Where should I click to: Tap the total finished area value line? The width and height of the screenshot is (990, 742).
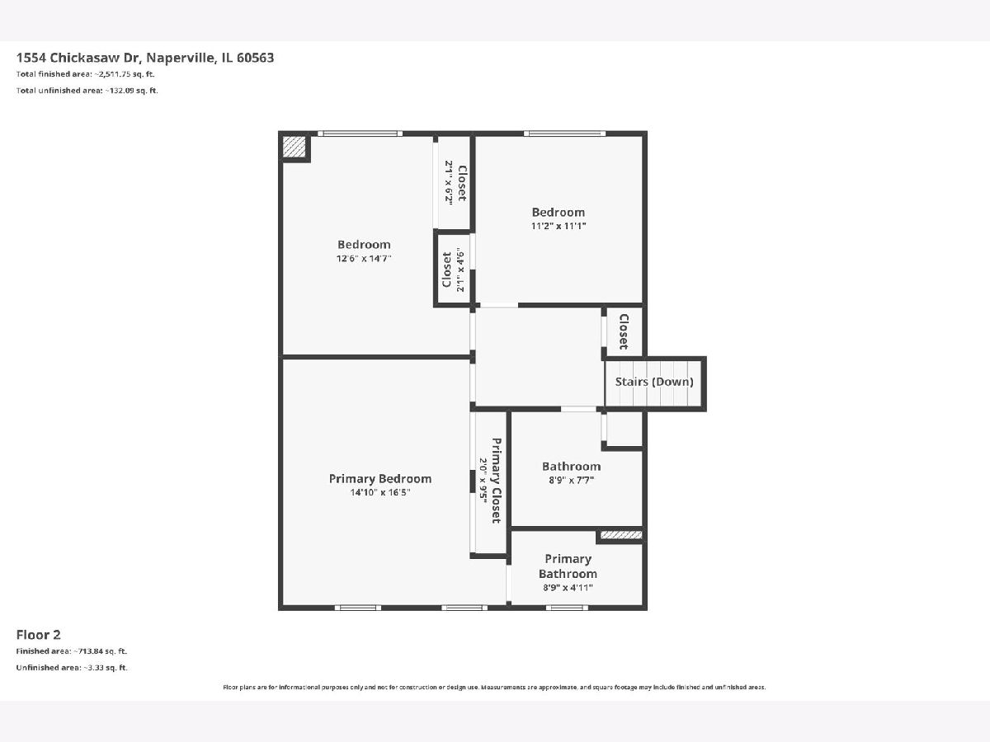85,74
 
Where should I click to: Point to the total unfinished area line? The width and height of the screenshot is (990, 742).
87,91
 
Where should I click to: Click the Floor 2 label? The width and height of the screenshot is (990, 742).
38,635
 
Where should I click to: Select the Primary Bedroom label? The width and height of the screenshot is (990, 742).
380,478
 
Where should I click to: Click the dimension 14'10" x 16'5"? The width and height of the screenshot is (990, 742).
380,492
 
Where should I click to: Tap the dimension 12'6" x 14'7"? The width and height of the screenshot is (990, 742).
364,259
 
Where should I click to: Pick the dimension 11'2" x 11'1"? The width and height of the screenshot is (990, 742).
559,226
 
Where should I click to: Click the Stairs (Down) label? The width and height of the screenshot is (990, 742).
654,382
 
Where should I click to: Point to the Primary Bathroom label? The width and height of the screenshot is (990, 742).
568,566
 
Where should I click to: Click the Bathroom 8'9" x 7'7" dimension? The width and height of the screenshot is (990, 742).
571,481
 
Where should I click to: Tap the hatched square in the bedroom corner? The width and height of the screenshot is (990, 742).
294,148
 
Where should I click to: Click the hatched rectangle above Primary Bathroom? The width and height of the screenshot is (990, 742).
621,535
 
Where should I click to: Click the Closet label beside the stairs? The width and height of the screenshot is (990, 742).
624,331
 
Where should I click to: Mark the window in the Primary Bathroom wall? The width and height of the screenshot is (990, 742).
567,608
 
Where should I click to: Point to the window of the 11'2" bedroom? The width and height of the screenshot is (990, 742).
564,134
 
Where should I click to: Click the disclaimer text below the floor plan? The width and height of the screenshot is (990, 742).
494,688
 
